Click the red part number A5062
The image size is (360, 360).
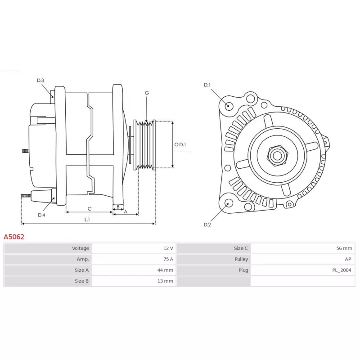(14, 237)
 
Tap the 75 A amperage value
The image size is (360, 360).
(168, 259)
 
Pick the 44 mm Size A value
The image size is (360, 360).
(165, 270)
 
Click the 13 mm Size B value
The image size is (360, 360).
(165, 281)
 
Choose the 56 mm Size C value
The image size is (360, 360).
(344, 248)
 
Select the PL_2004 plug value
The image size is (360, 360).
(342, 270)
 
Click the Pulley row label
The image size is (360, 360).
(241, 259)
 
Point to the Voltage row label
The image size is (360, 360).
(81, 248)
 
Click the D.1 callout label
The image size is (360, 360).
(207, 85)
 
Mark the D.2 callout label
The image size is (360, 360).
(207, 225)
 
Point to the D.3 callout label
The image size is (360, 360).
(40, 81)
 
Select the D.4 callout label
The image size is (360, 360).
(41, 215)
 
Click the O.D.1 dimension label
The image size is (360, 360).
(180, 144)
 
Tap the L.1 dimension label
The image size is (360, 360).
(87, 220)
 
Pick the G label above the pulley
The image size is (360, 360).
(147, 93)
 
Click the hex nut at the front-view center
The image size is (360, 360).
(277, 156)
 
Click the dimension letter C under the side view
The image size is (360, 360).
(90, 209)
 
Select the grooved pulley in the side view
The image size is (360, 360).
(144, 145)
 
